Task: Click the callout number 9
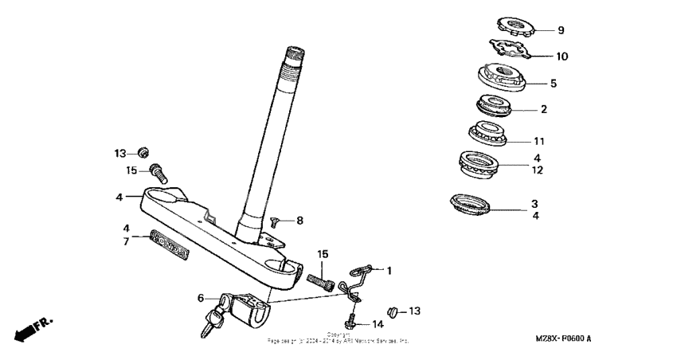[560, 30]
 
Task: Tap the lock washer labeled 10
[510, 51]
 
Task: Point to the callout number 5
[554, 82]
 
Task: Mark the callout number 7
[125, 241]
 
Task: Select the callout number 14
[378, 324]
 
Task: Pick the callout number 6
[200, 297]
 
